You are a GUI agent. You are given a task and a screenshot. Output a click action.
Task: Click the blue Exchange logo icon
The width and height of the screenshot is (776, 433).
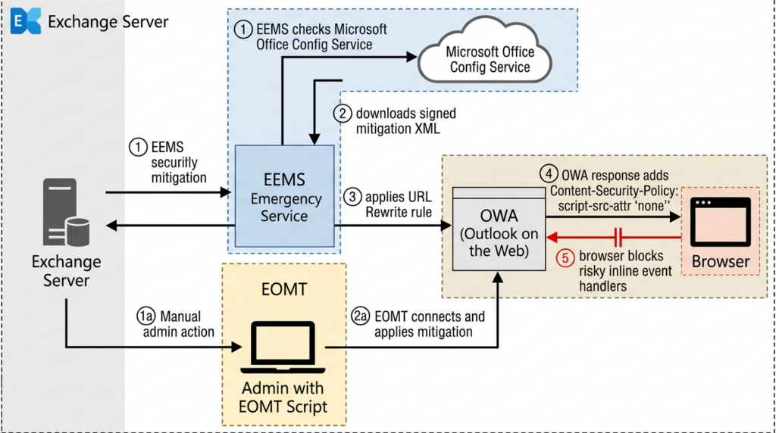coord(25,20)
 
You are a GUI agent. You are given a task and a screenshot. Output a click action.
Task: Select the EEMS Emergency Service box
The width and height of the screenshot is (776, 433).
coord(285,196)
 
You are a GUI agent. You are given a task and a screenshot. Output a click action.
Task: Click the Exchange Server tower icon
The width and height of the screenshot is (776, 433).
coord(67,212)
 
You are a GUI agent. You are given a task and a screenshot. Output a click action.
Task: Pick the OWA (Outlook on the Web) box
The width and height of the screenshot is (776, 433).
coord(499,229)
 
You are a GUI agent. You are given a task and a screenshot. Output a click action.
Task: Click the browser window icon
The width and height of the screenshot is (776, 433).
coord(720,222)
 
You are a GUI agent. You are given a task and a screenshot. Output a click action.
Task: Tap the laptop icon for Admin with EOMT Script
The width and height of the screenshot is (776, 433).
coord(283,347)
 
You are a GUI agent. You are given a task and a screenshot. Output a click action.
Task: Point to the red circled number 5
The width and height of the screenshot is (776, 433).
coord(565,257)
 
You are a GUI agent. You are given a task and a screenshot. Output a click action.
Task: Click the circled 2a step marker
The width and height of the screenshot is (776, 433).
coord(360,316)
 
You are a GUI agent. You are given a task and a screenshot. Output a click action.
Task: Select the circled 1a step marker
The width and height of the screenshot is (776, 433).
coord(146,316)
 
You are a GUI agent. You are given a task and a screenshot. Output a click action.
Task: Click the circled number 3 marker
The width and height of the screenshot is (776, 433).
coord(352,197)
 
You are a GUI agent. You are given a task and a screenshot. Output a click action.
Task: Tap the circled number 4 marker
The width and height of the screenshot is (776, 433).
coord(549,174)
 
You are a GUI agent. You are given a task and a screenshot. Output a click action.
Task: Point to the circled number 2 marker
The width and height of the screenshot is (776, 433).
coord(342,114)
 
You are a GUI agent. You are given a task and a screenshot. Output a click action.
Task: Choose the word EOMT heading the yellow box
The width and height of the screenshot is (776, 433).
coord(284,289)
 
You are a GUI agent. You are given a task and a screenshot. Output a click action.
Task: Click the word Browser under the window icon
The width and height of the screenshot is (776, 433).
coord(720,261)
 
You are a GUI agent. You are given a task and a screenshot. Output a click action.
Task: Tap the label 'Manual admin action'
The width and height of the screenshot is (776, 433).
coord(179,324)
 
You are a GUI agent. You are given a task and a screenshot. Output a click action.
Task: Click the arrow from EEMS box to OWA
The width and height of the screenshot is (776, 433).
coord(393,226)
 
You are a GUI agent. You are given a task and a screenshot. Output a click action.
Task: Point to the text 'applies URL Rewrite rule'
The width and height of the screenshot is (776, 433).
coord(399,204)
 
